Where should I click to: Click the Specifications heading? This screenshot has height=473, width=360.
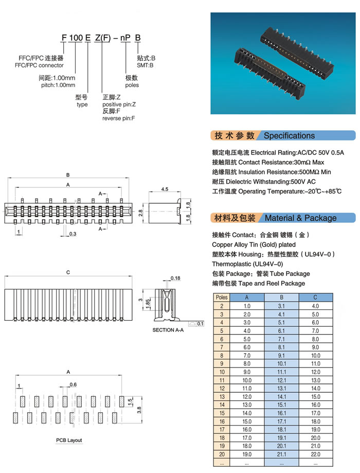point(289,136)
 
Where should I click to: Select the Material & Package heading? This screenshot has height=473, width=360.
point(300,218)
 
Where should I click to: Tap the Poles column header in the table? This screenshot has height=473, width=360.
point(222,297)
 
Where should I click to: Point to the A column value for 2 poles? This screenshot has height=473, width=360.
point(247,306)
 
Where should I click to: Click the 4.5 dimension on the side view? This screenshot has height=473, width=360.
point(165,189)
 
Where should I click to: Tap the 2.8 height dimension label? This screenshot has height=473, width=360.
point(140,212)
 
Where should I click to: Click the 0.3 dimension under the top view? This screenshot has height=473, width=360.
point(73,234)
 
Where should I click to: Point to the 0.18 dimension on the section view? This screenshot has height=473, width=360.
point(175,278)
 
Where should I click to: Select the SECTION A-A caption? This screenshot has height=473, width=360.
point(168,329)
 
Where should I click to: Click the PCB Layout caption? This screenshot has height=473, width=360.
point(69,440)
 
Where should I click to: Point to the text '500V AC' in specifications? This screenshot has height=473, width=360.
point(303,182)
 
